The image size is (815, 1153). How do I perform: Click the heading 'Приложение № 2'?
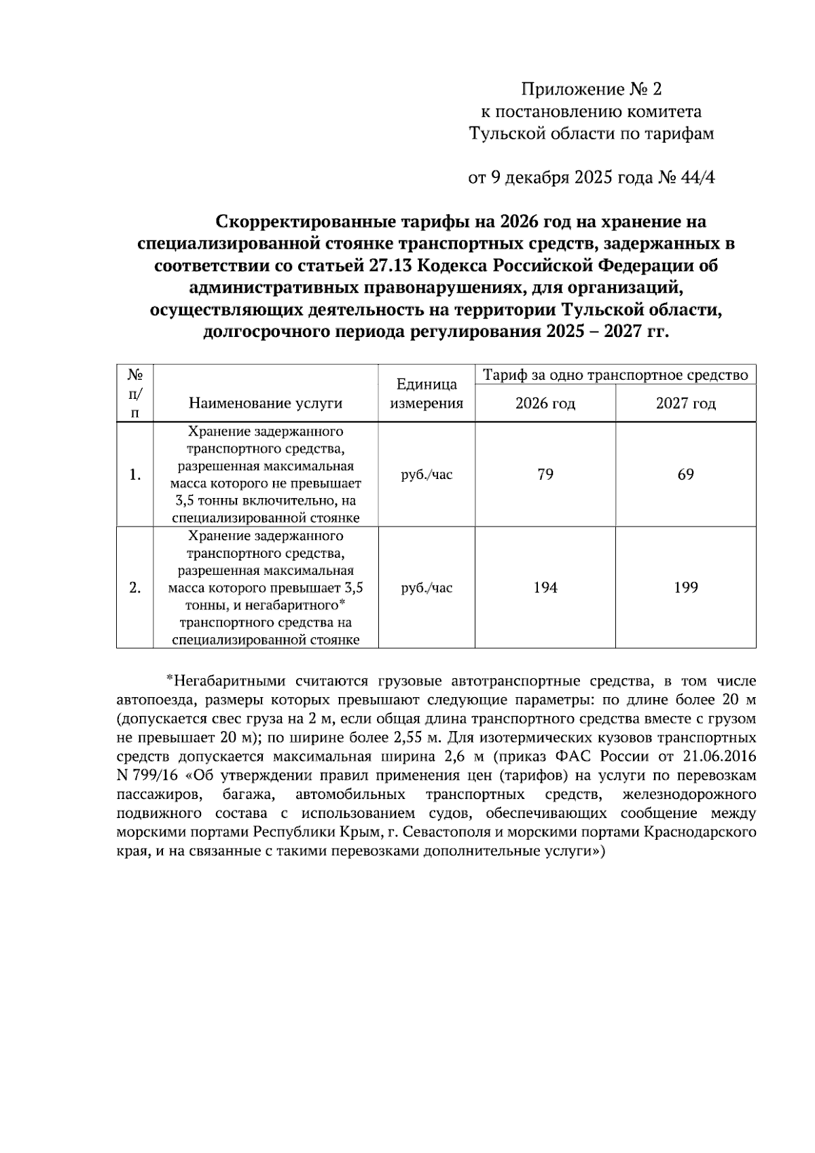[590, 89]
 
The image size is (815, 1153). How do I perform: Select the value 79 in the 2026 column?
[545, 474]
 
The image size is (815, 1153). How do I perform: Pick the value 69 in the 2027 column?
[685, 474]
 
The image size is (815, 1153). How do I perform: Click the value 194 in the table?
[545, 588]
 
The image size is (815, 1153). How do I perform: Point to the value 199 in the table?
[685, 588]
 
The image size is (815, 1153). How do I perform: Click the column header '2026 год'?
[545, 404]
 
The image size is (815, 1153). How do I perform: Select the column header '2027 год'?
[685, 404]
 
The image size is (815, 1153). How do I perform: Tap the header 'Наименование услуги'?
[265, 404]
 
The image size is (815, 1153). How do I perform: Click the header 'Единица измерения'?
[427, 394]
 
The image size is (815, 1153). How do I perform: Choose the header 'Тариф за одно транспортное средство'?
[615, 374]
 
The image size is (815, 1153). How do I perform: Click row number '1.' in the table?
[134, 475]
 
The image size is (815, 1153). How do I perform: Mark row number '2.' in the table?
[134, 588]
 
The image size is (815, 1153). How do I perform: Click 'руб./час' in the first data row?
[427, 475]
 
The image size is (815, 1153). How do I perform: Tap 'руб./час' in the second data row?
[427, 588]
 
